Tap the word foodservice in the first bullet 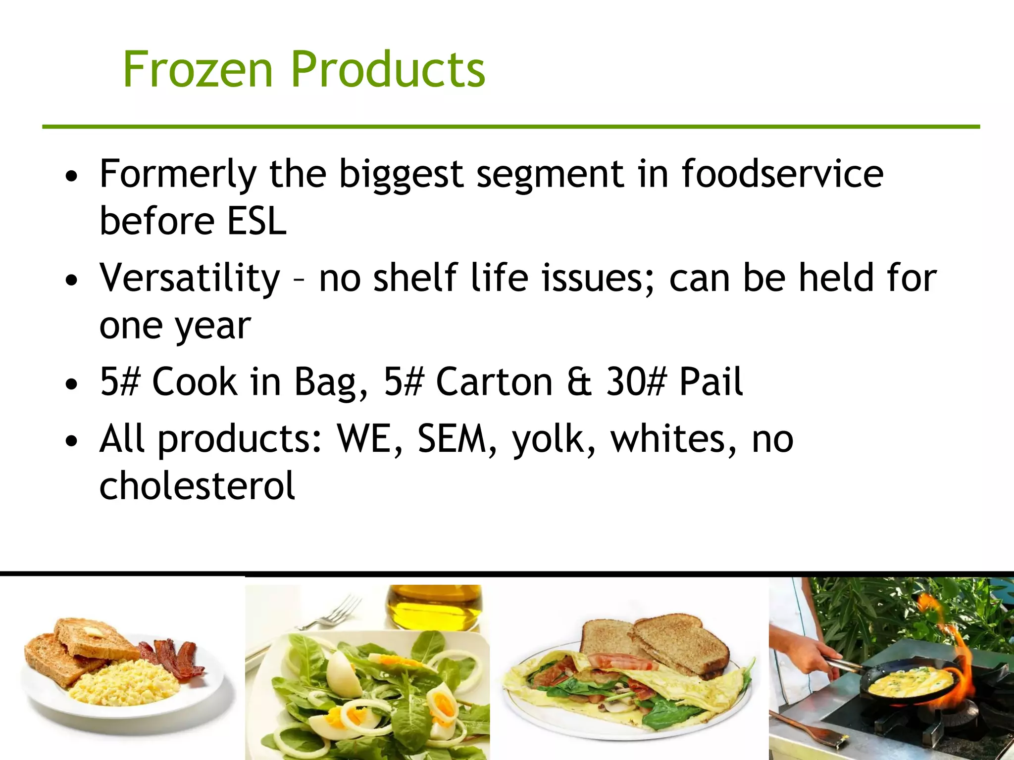pyautogui.click(x=782, y=174)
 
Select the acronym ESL pyautogui.click(x=256, y=221)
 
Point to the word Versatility pyautogui.click(x=190, y=279)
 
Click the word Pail pyautogui.click(x=710, y=382)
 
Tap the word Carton pyautogui.click(x=494, y=382)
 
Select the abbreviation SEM pyautogui.click(x=452, y=439)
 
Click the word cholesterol pyautogui.click(x=197, y=486)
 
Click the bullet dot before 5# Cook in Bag pyautogui.click(x=72, y=384)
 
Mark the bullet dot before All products pyautogui.click(x=72, y=441)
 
